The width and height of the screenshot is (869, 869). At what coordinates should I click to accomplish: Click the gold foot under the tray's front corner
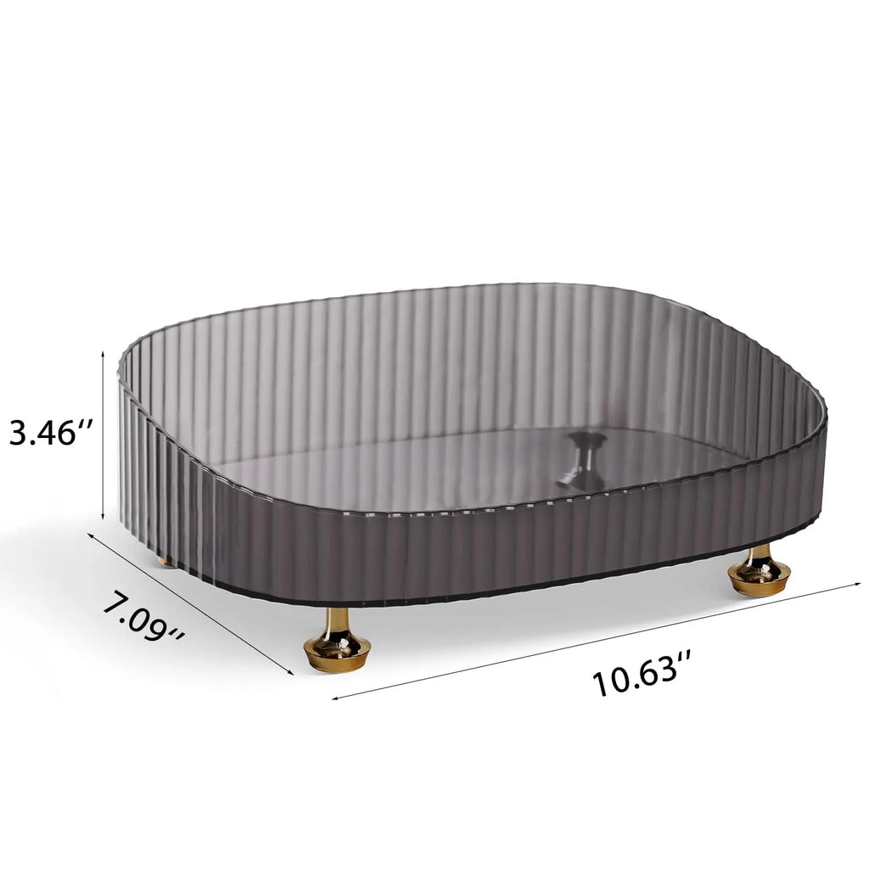coord(337,643)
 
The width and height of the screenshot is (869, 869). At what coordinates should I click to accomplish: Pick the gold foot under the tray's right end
coord(759,571)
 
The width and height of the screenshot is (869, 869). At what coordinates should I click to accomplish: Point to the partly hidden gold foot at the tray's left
coord(167,561)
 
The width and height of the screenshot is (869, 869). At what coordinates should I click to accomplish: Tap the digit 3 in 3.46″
coord(20,434)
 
